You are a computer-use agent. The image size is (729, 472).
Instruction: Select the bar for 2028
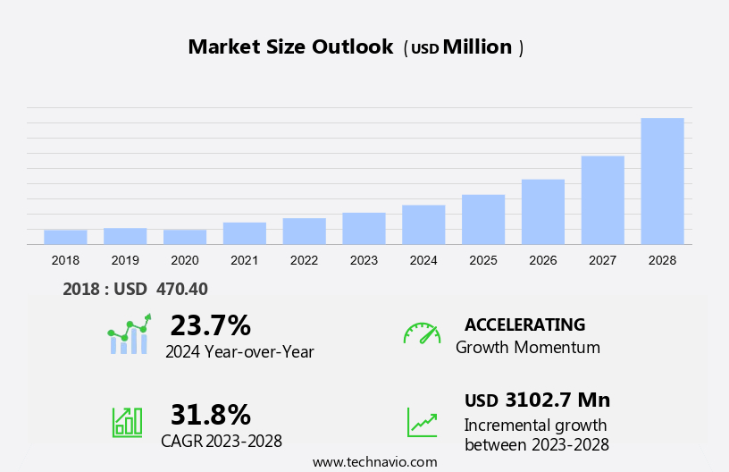[662, 181]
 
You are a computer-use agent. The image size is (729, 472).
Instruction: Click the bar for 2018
[65, 237]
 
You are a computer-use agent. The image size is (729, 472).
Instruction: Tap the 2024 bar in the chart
[423, 224]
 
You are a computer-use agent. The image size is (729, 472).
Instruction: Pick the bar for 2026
[543, 212]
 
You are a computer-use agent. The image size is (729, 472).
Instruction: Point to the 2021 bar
[245, 233]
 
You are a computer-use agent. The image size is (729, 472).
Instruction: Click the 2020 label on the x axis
[185, 260]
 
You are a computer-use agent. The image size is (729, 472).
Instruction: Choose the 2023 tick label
[364, 260]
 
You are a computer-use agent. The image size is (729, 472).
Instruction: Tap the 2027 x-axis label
[603, 260]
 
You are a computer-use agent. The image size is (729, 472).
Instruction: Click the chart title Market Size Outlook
[290, 47]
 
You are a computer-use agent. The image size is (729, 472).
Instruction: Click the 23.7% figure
[210, 325]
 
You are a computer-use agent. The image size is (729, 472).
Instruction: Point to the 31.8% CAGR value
[210, 415]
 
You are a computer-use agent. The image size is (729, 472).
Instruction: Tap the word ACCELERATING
[525, 324]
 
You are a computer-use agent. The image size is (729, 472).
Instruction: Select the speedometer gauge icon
[422, 333]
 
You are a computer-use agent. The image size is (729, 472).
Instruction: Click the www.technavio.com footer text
[375, 462]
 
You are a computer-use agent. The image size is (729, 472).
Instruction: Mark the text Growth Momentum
[528, 348]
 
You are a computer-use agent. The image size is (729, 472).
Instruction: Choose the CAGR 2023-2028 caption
[222, 441]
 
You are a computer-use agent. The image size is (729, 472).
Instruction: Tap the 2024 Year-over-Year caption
[239, 352]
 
